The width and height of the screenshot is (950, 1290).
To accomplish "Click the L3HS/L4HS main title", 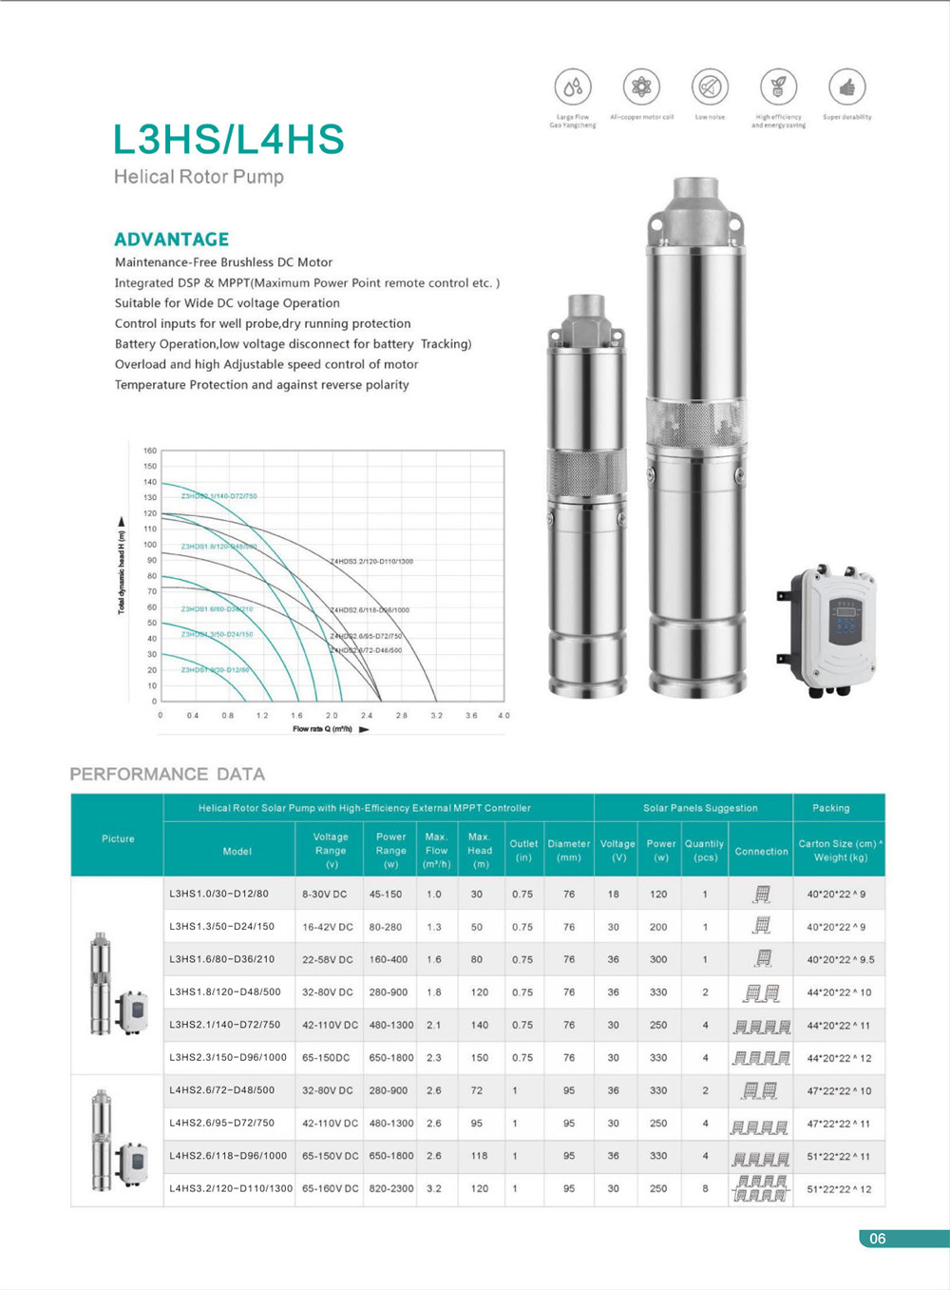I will [x=228, y=140].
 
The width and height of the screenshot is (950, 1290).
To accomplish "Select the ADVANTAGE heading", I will [x=171, y=240].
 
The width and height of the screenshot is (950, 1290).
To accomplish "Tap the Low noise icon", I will [x=710, y=87].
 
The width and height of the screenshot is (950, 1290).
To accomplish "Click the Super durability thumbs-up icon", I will [x=846, y=87].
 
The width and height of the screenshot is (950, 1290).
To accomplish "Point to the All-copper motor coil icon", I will [x=641, y=87].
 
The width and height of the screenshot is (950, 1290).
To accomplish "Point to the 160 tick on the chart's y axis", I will [x=149, y=451].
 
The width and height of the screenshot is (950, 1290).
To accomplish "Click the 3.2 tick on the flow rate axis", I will [x=436, y=715].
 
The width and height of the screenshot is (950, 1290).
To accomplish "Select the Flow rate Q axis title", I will [x=323, y=729].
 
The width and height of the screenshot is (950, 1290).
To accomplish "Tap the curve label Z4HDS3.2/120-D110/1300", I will [x=371, y=562].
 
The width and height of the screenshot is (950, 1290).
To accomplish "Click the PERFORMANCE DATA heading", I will [x=167, y=774].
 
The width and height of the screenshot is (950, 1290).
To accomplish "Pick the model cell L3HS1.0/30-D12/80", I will [x=218, y=894].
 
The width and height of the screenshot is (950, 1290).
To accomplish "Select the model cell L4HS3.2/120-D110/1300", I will [x=231, y=1188].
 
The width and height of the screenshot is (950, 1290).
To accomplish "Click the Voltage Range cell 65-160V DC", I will [x=330, y=1188].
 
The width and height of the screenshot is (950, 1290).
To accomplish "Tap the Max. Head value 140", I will [x=479, y=1025].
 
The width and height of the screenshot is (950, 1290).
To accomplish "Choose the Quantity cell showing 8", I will [x=705, y=1188].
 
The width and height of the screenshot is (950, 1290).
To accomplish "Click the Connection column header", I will [x=761, y=851].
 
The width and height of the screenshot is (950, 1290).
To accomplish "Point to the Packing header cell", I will [x=830, y=808].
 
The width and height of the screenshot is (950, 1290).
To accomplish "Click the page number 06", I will [x=877, y=1238].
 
